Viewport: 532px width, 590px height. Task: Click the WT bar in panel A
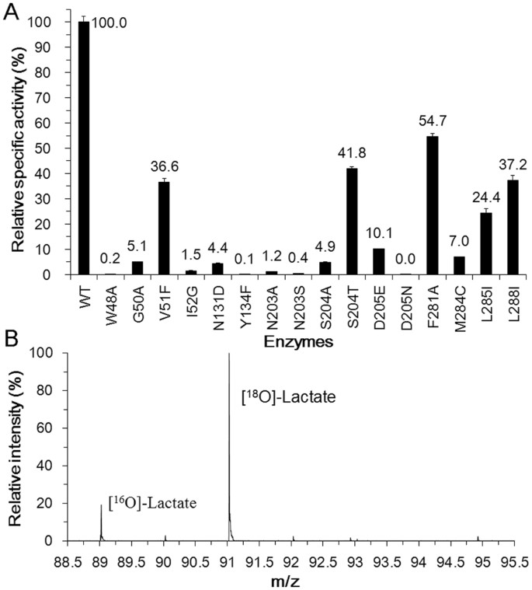pos(83,148)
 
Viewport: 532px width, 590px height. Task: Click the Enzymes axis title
pos(297,341)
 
